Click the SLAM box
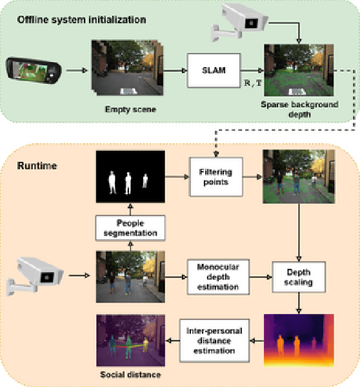(213, 70)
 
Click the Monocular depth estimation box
(213, 277)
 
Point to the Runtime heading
(37, 166)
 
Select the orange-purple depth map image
(299, 339)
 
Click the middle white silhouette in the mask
(128, 183)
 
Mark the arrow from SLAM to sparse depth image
(251, 70)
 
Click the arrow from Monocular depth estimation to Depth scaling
(256, 277)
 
